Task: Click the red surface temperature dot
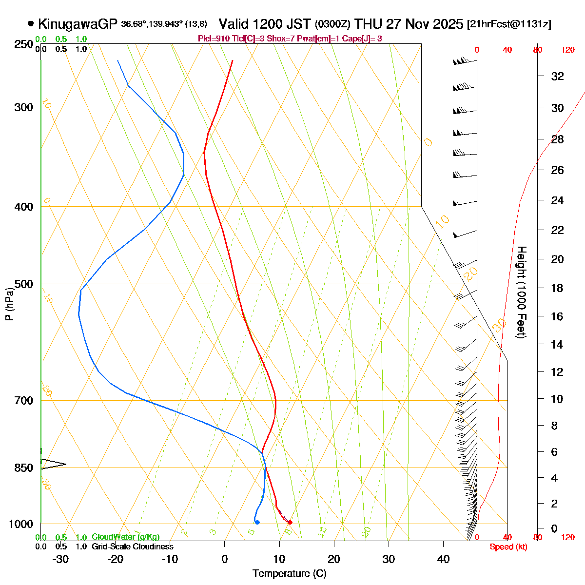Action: tap(290, 523)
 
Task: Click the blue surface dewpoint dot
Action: tap(257, 523)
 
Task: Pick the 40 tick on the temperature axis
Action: tap(443, 559)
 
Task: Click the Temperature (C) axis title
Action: tap(289, 573)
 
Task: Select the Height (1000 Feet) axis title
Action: tap(521, 292)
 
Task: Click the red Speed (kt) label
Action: tap(508, 547)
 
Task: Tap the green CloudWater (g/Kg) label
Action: tap(126, 537)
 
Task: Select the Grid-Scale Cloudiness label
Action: tap(133, 547)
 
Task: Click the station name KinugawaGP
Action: tap(78, 24)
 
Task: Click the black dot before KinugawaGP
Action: tap(31, 23)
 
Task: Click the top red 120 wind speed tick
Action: tap(568, 50)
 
